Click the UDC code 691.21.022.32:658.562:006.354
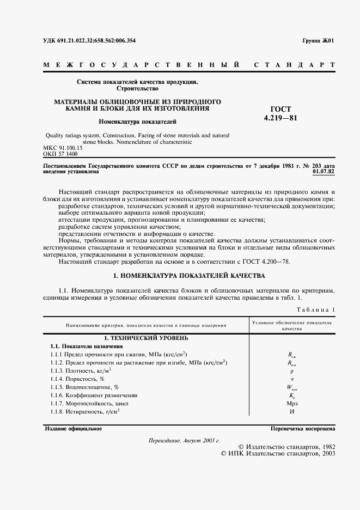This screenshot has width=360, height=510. pyautogui.click(x=89, y=41)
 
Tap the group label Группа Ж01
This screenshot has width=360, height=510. pyautogui.click(x=319, y=41)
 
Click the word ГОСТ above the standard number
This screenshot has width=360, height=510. pyautogui.click(x=281, y=109)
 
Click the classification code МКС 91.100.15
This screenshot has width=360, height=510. pyautogui.click(x=62, y=148)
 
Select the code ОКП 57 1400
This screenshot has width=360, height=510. pyautogui.click(x=60, y=155)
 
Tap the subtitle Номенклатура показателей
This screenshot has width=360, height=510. pyautogui.click(x=137, y=122)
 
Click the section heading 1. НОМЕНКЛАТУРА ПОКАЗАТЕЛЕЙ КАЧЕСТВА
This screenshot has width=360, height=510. pyautogui.click(x=188, y=276)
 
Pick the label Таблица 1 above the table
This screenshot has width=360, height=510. pyautogui.click(x=316, y=310)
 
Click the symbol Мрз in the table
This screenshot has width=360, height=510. pyautogui.click(x=292, y=403)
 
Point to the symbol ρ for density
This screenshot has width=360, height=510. pyautogui.click(x=292, y=371)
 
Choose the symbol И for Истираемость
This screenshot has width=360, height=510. pyautogui.click(x=292, y=411)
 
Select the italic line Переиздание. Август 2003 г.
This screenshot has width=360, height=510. pyautogui.click(x=184, y=440)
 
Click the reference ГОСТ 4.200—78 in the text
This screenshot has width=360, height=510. pyautogui.click(x=270, y=262)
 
